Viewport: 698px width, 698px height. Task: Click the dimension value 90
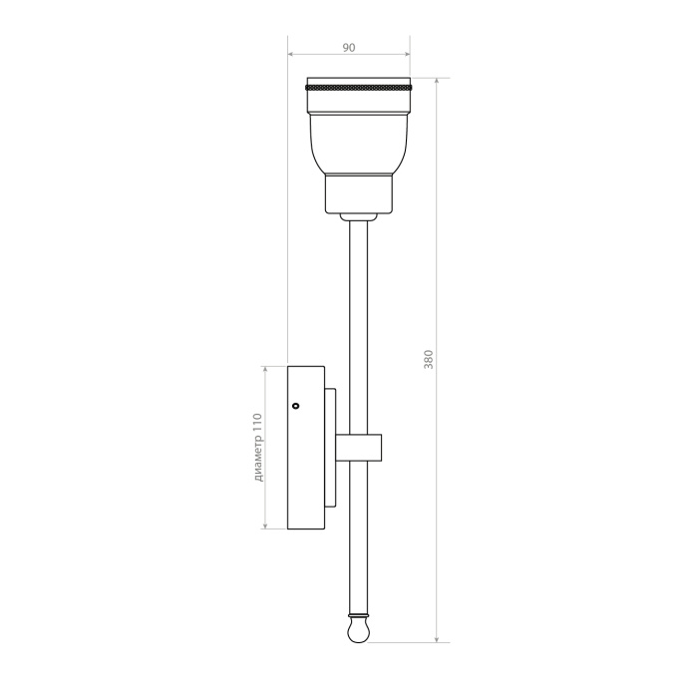349,47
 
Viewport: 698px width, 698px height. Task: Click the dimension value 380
428,359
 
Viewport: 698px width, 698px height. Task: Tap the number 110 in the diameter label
257,422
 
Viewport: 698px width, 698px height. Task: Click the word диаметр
258,458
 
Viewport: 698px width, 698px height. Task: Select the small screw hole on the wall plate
295,406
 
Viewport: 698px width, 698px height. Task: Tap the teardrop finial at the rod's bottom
358,631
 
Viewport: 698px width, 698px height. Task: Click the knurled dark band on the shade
358,86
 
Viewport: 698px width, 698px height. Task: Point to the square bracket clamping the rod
359,447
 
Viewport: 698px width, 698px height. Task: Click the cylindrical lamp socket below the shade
359,192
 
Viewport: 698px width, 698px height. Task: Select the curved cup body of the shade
359,144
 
